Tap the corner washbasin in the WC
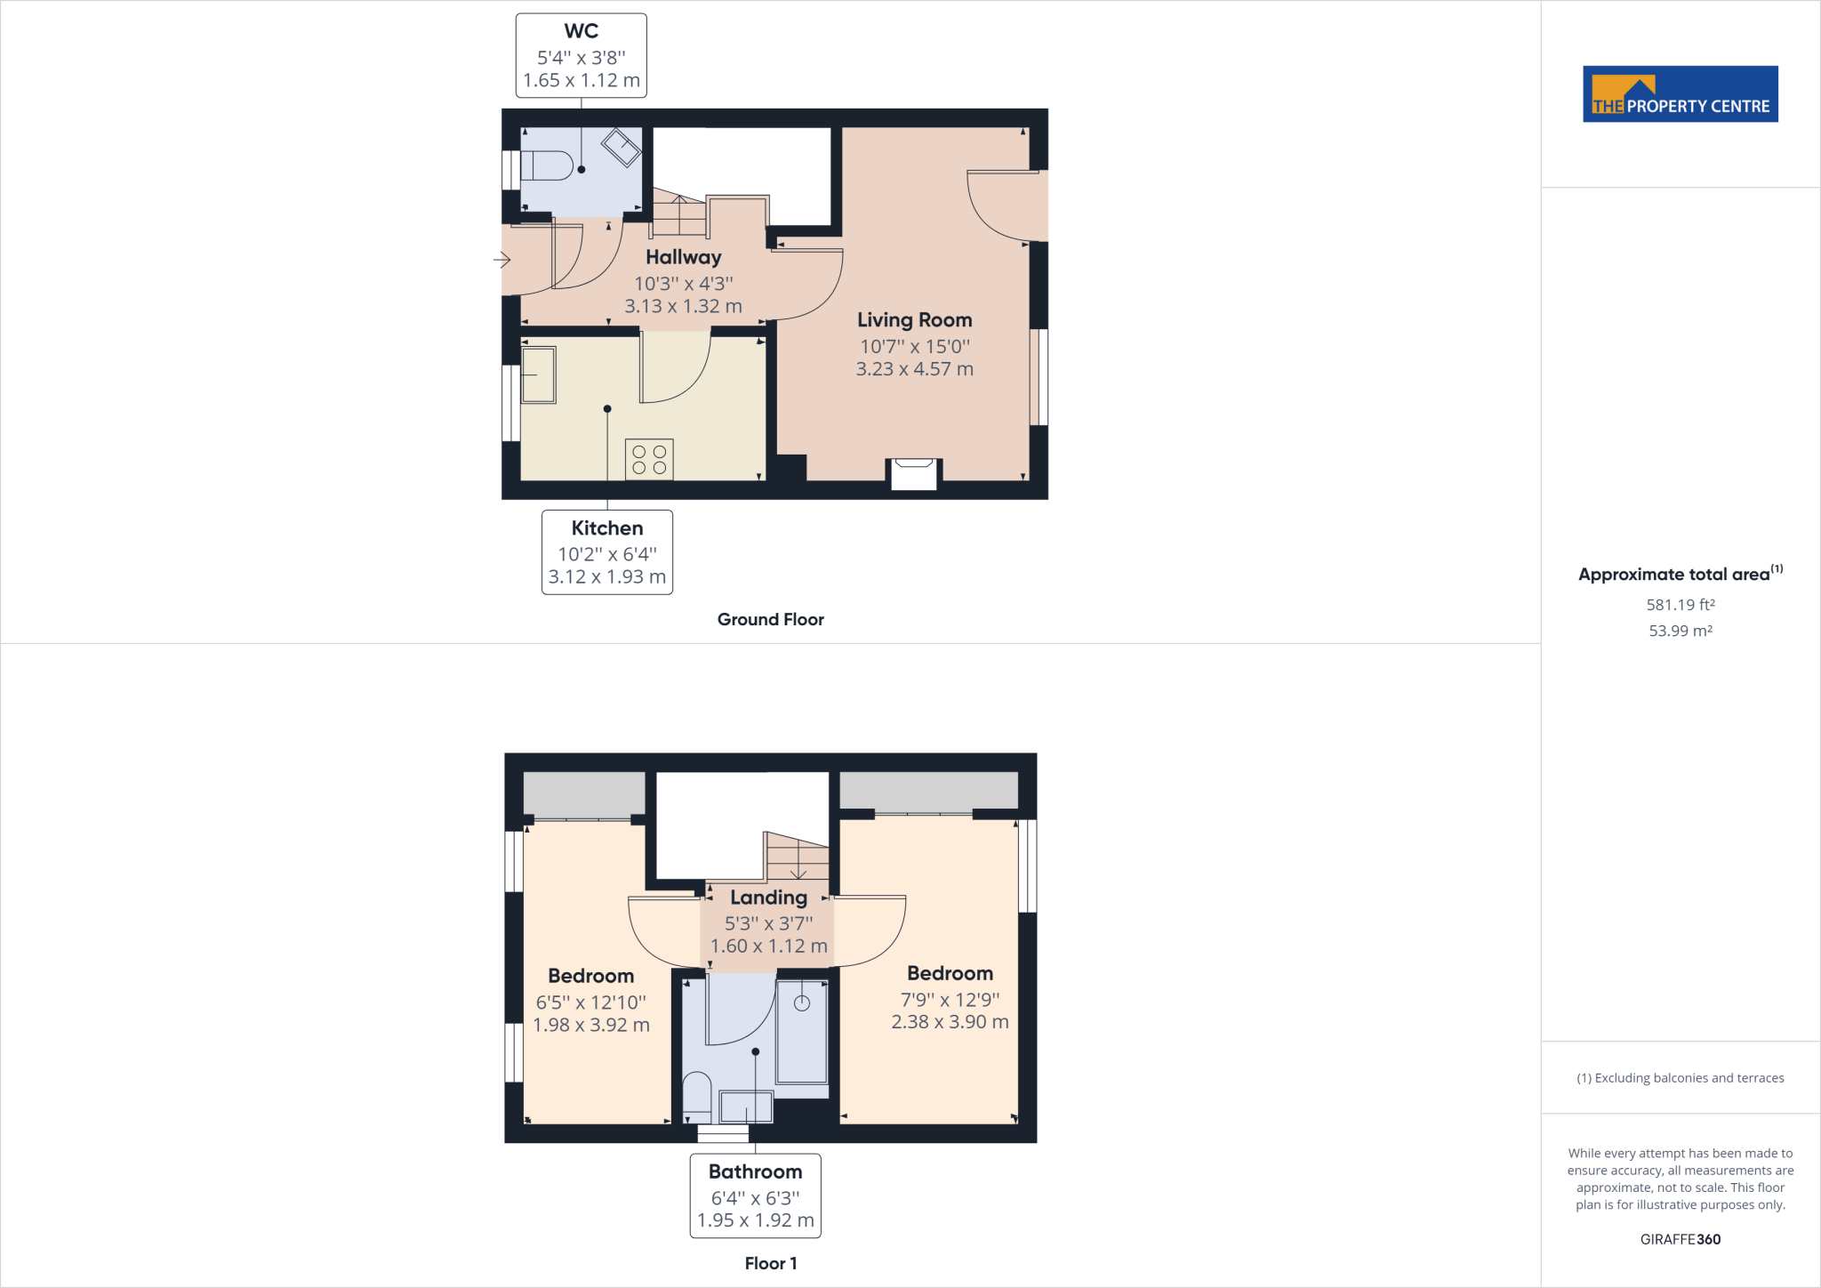tap(622, 147)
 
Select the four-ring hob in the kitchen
tap(649, 459)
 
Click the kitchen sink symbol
tap(538, 374)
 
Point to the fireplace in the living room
tap(914, 473)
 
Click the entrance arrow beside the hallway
tap(501, 260)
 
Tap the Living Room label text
tap(914, 320)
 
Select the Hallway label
tap(683, 257)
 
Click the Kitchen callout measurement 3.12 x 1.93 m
tap(606, 576)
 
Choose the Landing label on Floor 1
tap(768, 898)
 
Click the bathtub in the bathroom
tap(802, 1032)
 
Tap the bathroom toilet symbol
tap(696, 1096)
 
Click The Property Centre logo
tap(1680, 94)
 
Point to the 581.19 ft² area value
tap(1680, 605)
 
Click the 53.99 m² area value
tap(1680, 631)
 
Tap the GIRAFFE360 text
tap(1680, 1239)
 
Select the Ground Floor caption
tap(770, 620)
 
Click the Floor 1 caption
tap(770, 1263)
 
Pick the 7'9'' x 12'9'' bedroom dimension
tap(950, 1000)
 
